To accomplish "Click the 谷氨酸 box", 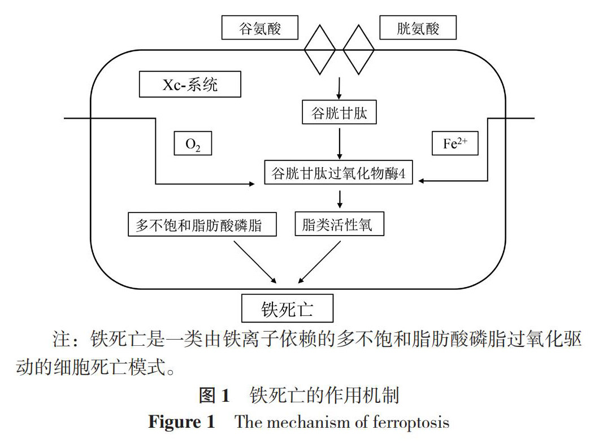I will pos(260,27).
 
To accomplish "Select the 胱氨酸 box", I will pos(418,27).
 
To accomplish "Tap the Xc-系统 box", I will pos(190,85).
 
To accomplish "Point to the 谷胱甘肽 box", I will pos(339,114).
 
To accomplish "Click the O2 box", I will pos(193,144).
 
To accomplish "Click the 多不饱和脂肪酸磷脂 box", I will pos(202,224).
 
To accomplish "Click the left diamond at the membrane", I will pos(320,49).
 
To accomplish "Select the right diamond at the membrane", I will pos(358,49).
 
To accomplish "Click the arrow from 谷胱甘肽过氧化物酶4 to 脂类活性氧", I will pos(339,199).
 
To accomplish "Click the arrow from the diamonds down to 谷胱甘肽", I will pos(339,87).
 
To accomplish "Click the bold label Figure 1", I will pos(181,422).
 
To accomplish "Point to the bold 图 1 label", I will pos(214,395).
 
